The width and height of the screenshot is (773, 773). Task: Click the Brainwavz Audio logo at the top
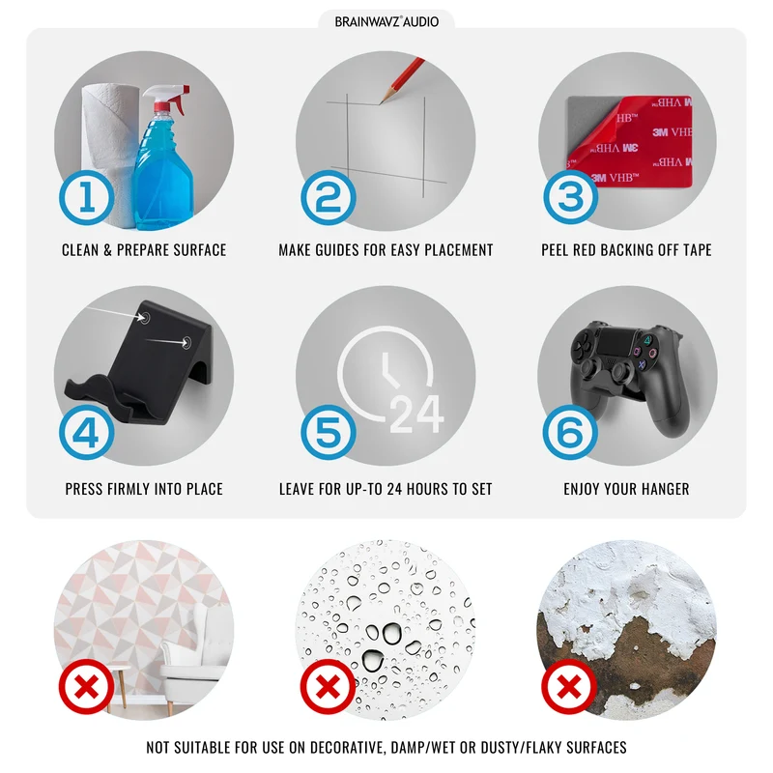[x=386, y=21]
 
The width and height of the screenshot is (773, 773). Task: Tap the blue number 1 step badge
[x=87, y=197]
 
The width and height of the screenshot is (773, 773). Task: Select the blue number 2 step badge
[x=329, y=197]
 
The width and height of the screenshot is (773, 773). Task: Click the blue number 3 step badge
[x=570, y=197]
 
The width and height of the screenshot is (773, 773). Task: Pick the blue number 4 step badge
[x=87, y=432]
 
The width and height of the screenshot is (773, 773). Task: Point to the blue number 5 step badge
[x=329, y=432]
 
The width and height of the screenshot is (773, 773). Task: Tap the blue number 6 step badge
[x=570, y=432]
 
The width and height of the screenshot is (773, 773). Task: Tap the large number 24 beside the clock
[x=417, y=415]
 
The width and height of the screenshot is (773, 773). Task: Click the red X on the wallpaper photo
[x=87, y=686]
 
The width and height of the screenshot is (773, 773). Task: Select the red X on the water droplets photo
[x=329, y=686]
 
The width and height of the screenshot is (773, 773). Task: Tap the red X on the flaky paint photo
[x=569, y=686]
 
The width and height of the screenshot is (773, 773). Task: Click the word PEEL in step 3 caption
[x=555, y=250]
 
